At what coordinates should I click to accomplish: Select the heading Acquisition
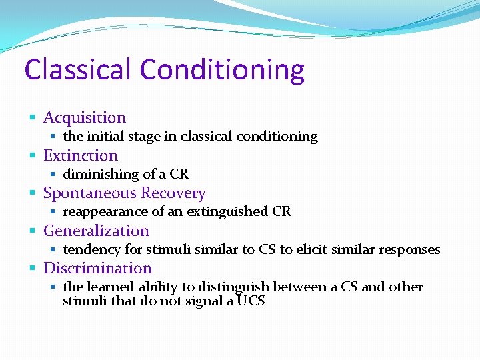pyautogui.click(x=84, y=118)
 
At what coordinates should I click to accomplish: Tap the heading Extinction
pyautogui.click(x=80, y=155)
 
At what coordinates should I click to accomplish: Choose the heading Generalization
pyautogui.click(x=96, y=231)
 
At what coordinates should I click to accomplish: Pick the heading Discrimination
pyautogui.click(x=97, y=268)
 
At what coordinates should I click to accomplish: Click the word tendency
pyautogui.click(x=89, y=249)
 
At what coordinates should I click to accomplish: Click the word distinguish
pyautogui.click(x=234, y=287)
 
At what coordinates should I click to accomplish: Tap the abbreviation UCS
pyautogui.click(x=251, y=301)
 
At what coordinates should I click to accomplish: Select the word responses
pyautogui.click(x=409, y=250)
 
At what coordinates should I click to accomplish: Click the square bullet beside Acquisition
pyautogui.click(x=33, y=119)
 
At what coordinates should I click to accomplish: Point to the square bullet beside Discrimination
pyautogui.click(x=33, y=269)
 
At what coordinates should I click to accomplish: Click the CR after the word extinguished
pyautogui.click(x=281, y=212)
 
